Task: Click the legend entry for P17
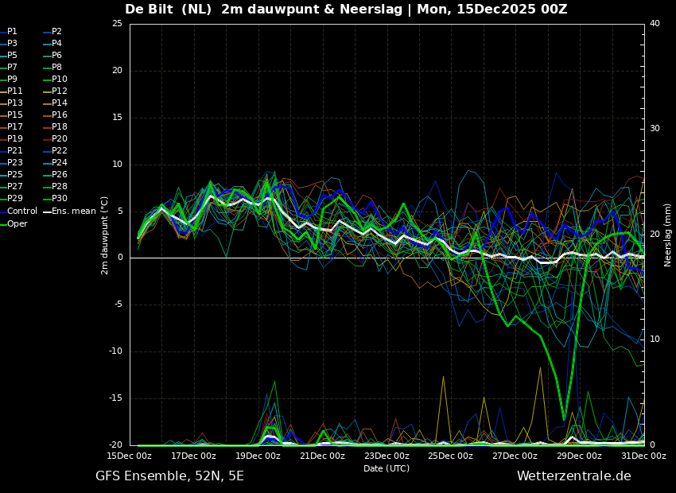click(15, 127)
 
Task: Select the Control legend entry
click(21, 212)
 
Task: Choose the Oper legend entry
click(17, 224)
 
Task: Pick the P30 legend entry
click(60, 199)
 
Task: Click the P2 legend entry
click(56, 32)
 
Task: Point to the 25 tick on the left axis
click(117, 24)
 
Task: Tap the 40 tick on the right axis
click(655, 24)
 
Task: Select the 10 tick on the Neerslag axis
click(655, 340)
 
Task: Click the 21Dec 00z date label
click(323, 456)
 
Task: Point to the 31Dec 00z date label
click(643, 456)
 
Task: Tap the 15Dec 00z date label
click(130, 456)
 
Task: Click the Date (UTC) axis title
click(387, 469)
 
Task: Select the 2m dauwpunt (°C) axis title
click(104, 235)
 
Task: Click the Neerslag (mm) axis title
click(668, 235)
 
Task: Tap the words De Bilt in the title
click(151, 10)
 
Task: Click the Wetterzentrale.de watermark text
click(573, 476)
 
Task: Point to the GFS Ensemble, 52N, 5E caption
click(169, 476)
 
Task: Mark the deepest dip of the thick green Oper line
click(564, 419)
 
